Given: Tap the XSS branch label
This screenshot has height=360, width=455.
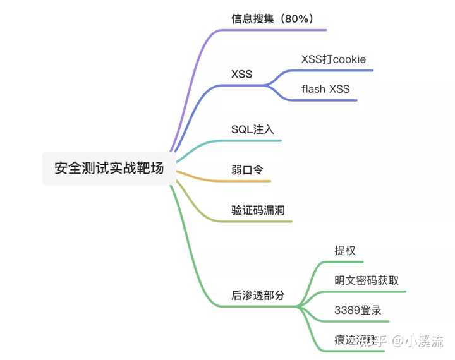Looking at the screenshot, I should click(x=241, y=74).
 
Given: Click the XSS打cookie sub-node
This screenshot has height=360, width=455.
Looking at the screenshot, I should click(x=334, y=59).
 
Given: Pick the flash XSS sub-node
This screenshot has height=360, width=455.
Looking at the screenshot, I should click(x=325, y=89).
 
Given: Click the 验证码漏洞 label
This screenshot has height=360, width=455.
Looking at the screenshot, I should click(x=258, y=210).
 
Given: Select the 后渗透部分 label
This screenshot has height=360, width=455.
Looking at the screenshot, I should click(x=258, y=295).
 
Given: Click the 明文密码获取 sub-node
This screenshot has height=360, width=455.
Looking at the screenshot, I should click(x=367, y=280).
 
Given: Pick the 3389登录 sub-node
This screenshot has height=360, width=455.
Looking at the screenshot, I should click(x=358, y=310).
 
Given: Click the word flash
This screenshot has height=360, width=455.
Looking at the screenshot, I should click(x=313, y=89).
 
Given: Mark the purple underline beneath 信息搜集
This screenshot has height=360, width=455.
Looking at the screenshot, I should click(x=278, y=30).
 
